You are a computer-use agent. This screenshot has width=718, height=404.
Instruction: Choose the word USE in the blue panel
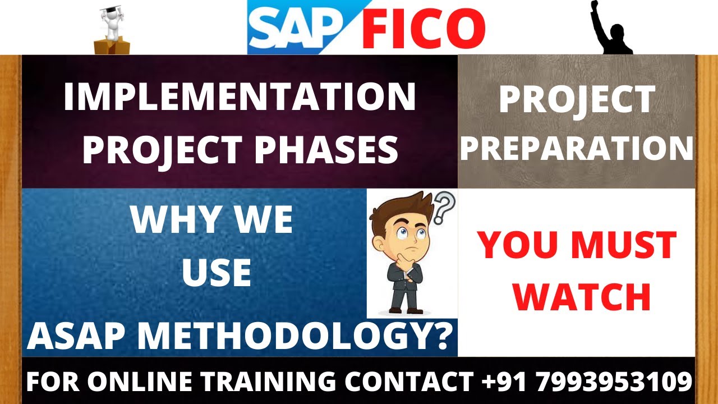(216, 272)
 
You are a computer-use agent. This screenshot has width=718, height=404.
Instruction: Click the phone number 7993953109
(614, 382)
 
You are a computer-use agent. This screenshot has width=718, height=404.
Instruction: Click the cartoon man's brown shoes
(406, 309)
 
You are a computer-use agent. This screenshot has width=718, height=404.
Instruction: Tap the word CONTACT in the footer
(408, 382)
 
